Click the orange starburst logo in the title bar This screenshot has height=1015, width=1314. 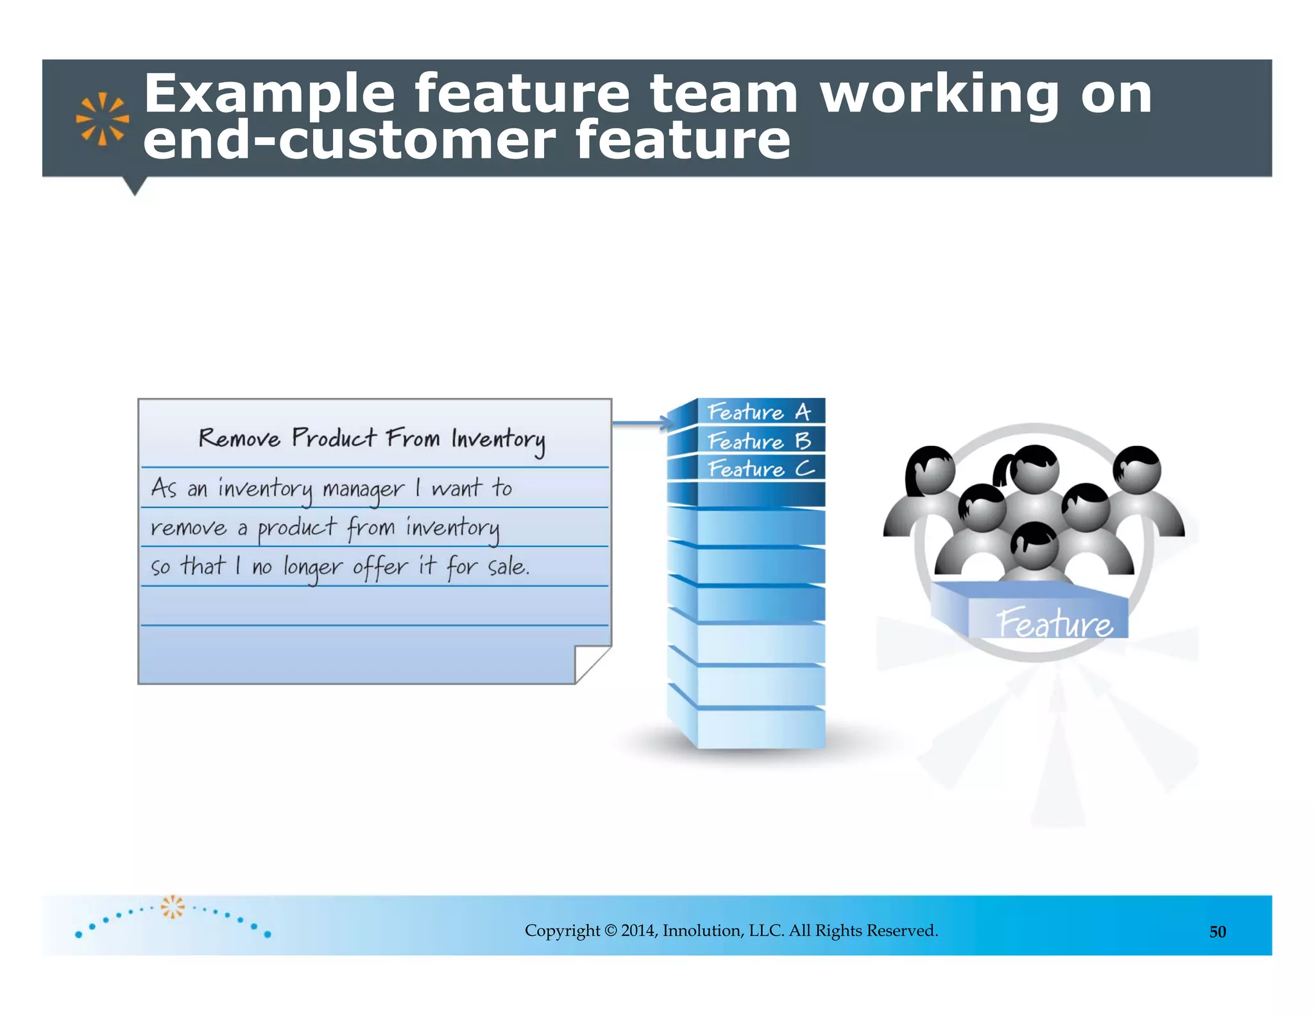pyautogui.click(x=102, y=119)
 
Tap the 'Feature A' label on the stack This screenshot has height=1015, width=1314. pyautogui.click(x=758, y=411)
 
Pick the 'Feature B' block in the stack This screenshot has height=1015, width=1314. pyautogui.click(x=758, y=441)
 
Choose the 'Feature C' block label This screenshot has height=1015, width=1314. pyautogui.click(x=760, y=469)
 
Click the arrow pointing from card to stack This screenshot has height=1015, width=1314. pyautogui.click(x=642, y=422)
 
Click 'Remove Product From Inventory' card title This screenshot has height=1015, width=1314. pyautogui.click(x=371, y=439)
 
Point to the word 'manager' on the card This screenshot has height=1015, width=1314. pyautogui.click(x=363, y=490)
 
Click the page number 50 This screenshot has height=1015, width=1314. pyautogui.click(x=1217, y=932)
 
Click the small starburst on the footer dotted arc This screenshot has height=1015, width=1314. pyautogui.click(x=172, y=907)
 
